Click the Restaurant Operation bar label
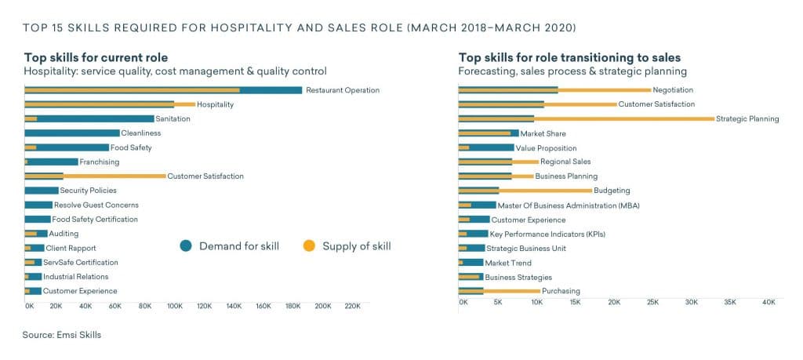[x=342, y=90]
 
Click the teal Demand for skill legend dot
[x=186, y=246]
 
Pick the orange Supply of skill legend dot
[x=309, y=246]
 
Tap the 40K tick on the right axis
[x=768, y=301]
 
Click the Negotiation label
[x=672, y=90]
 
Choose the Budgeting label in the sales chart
[x=612, y=191]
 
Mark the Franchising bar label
[x=100, y=162]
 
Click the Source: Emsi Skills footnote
[x=62, y=335]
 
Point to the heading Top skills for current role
[x=96, y=57]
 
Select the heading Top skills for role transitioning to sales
[x=569, y=57]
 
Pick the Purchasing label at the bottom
[x=561, y=292]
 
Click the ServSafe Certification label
[x=80, y=263]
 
